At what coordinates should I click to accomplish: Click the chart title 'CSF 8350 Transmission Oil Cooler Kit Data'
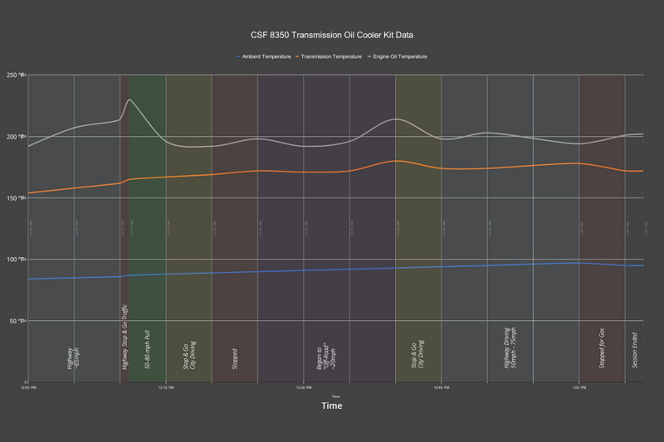[x=331, y=36]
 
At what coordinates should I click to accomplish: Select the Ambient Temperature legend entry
[x=264, y=56]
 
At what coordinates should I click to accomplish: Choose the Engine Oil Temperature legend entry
[x=399, y=56]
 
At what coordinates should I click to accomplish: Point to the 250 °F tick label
[x=17, y=75]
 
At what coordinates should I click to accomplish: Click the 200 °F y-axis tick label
[x=17, y=136]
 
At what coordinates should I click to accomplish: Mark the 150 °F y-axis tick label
[x=17, y=198]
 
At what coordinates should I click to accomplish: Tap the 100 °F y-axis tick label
[x=17, y=260]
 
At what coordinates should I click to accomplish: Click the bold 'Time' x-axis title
[x=331, y=406]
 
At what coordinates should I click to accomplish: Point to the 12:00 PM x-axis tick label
[x=28, y=387]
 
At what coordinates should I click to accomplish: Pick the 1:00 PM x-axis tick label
[x=579, y=387]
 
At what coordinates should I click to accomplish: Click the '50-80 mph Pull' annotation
[x=147, y=347]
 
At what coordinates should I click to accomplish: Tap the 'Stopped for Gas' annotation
[x=601, y=342]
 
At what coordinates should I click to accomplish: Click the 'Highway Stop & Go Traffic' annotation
[x=124, y=337]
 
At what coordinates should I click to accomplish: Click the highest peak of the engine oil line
[x=129, y=100]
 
